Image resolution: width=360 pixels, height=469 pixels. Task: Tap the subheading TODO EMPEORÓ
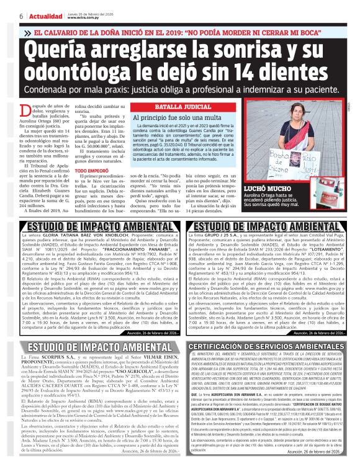click(91, 170)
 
